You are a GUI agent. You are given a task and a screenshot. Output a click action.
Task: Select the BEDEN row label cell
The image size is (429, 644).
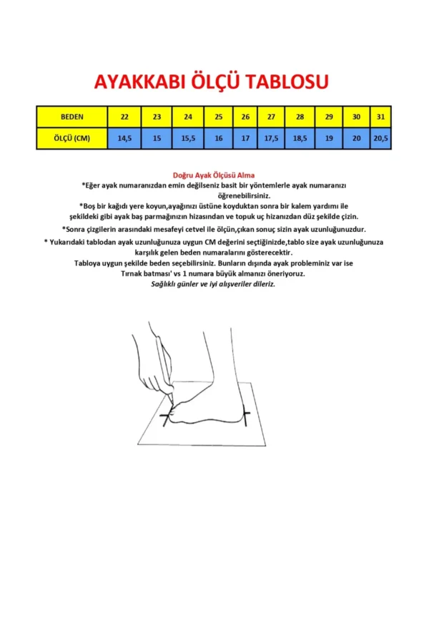[71, 117]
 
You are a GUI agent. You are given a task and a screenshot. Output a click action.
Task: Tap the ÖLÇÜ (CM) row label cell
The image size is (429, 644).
[71, 138]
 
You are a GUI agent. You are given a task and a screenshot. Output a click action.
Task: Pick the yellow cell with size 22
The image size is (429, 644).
[124, 117]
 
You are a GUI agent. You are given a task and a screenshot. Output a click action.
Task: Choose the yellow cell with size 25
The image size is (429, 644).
[219, 117]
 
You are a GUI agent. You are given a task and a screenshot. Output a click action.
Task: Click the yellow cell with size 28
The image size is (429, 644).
[300, 117]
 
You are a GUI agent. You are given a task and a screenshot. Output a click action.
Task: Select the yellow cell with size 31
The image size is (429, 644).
[380, 117]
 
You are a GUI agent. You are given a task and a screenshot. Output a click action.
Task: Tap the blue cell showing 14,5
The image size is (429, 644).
[124, 138]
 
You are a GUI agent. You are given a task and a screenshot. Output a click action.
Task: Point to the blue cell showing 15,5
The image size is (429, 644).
[188, 138]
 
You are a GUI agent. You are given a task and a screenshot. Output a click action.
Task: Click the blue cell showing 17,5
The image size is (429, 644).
[271, 138]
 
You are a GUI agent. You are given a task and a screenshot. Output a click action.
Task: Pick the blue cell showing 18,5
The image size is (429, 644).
[300, 138]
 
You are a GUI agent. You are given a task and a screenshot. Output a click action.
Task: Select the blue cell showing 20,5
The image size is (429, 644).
[380, 138]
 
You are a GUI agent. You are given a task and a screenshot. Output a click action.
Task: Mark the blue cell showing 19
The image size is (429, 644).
[329, 138]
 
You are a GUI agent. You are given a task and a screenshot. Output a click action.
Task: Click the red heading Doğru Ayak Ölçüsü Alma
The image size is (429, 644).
[214, 175]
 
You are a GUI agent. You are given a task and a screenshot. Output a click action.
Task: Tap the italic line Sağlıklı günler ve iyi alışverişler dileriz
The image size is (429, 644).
[213, 284]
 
